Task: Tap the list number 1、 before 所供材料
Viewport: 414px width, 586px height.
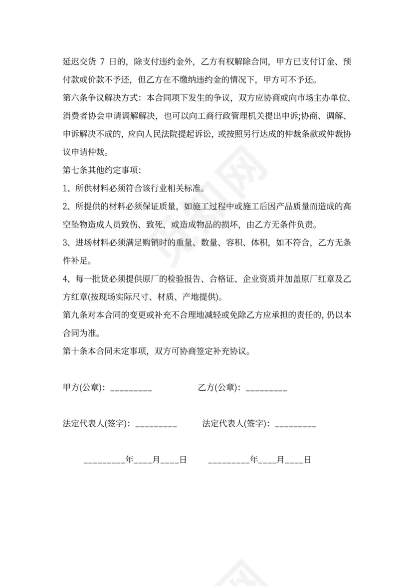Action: (68, 188)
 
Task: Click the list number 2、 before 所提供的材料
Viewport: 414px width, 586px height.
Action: (68, 206)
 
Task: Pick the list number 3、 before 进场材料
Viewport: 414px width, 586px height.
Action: (68, 243)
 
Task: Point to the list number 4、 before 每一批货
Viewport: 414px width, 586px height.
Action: (68, 279)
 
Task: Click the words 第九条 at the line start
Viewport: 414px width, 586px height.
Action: (75, 315)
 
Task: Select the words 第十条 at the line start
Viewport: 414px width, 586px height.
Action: (75, 351)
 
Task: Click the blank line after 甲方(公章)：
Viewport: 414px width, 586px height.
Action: (131, 388)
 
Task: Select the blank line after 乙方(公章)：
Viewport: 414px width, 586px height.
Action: (266, 388)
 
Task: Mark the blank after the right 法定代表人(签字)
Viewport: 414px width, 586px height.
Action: (295, 425)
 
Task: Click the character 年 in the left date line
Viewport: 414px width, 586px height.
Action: (130, 460)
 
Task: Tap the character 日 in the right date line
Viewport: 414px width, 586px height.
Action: (307, 460)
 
